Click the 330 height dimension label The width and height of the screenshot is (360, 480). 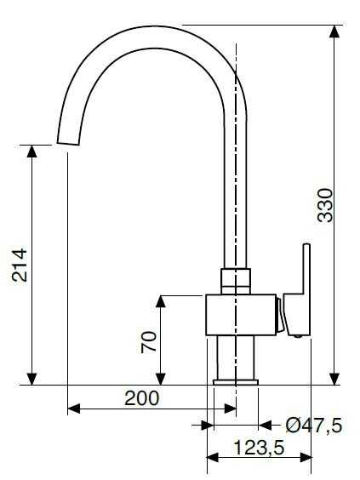coord(325,205)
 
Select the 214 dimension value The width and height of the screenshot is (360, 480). coord(20,265)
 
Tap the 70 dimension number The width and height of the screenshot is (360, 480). coord(148,342)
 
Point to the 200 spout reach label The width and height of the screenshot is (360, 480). coord(142,398)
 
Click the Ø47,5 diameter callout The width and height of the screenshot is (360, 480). coord(314,426)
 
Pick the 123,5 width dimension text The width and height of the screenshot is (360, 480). coord(260,448)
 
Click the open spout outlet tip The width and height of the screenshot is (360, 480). coord(68,143)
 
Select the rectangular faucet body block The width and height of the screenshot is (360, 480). coord(241,315)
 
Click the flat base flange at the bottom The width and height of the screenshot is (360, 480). coord(236,382)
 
